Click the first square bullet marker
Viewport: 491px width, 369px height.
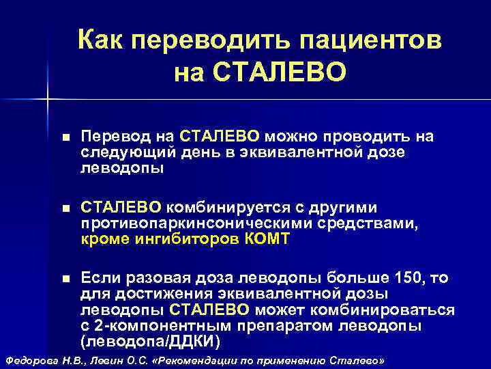pos(65,137)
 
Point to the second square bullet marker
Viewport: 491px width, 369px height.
pos(65,208)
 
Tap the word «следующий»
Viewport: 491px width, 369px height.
pos(128,152)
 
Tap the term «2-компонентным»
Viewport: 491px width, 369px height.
pos(149,325)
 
